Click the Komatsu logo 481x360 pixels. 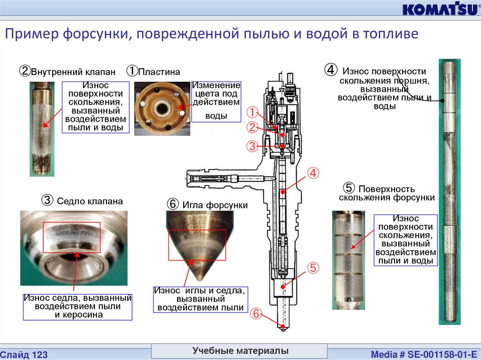coord(439,10)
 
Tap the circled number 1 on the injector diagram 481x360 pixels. coord(253,112)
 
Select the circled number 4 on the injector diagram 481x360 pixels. coord(313,173)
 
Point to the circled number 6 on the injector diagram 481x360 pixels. coord(256,313)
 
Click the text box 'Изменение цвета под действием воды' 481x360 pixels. coord(217,101)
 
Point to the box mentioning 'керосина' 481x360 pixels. coord(78,306)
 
